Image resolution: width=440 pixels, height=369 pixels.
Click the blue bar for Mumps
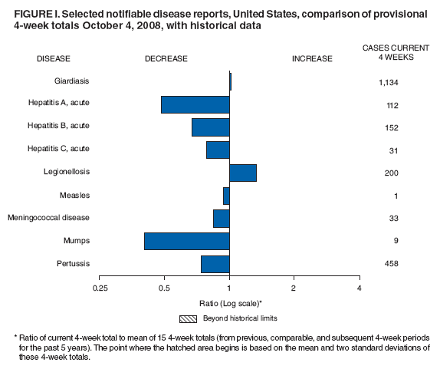tap(187, 241)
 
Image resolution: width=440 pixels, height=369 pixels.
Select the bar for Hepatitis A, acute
tap(195, 105)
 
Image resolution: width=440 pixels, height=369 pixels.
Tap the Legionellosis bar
tap(243, 173)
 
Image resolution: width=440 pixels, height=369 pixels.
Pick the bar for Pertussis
tap(215, 264)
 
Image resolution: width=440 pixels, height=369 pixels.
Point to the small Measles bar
tap(226, 196)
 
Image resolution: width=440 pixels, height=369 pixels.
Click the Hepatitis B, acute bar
tap(211, 127)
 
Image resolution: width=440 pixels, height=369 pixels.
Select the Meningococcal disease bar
tap(222, 219)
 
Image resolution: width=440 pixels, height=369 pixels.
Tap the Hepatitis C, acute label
tap(80, 150)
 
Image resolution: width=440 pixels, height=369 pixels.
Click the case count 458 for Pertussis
tap(392, 264)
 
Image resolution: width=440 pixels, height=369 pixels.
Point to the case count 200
tap(392, 173)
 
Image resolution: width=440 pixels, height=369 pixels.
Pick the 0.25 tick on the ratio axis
tap(100, 288)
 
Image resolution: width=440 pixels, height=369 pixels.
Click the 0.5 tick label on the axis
tap(164, 288)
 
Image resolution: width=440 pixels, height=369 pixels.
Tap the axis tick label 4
tap(359, 288)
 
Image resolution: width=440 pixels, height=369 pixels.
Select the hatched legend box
tap(189, 318)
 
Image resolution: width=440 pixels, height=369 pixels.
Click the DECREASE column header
tap(166, 58)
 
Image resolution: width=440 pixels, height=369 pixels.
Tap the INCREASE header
tap(312, 58)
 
